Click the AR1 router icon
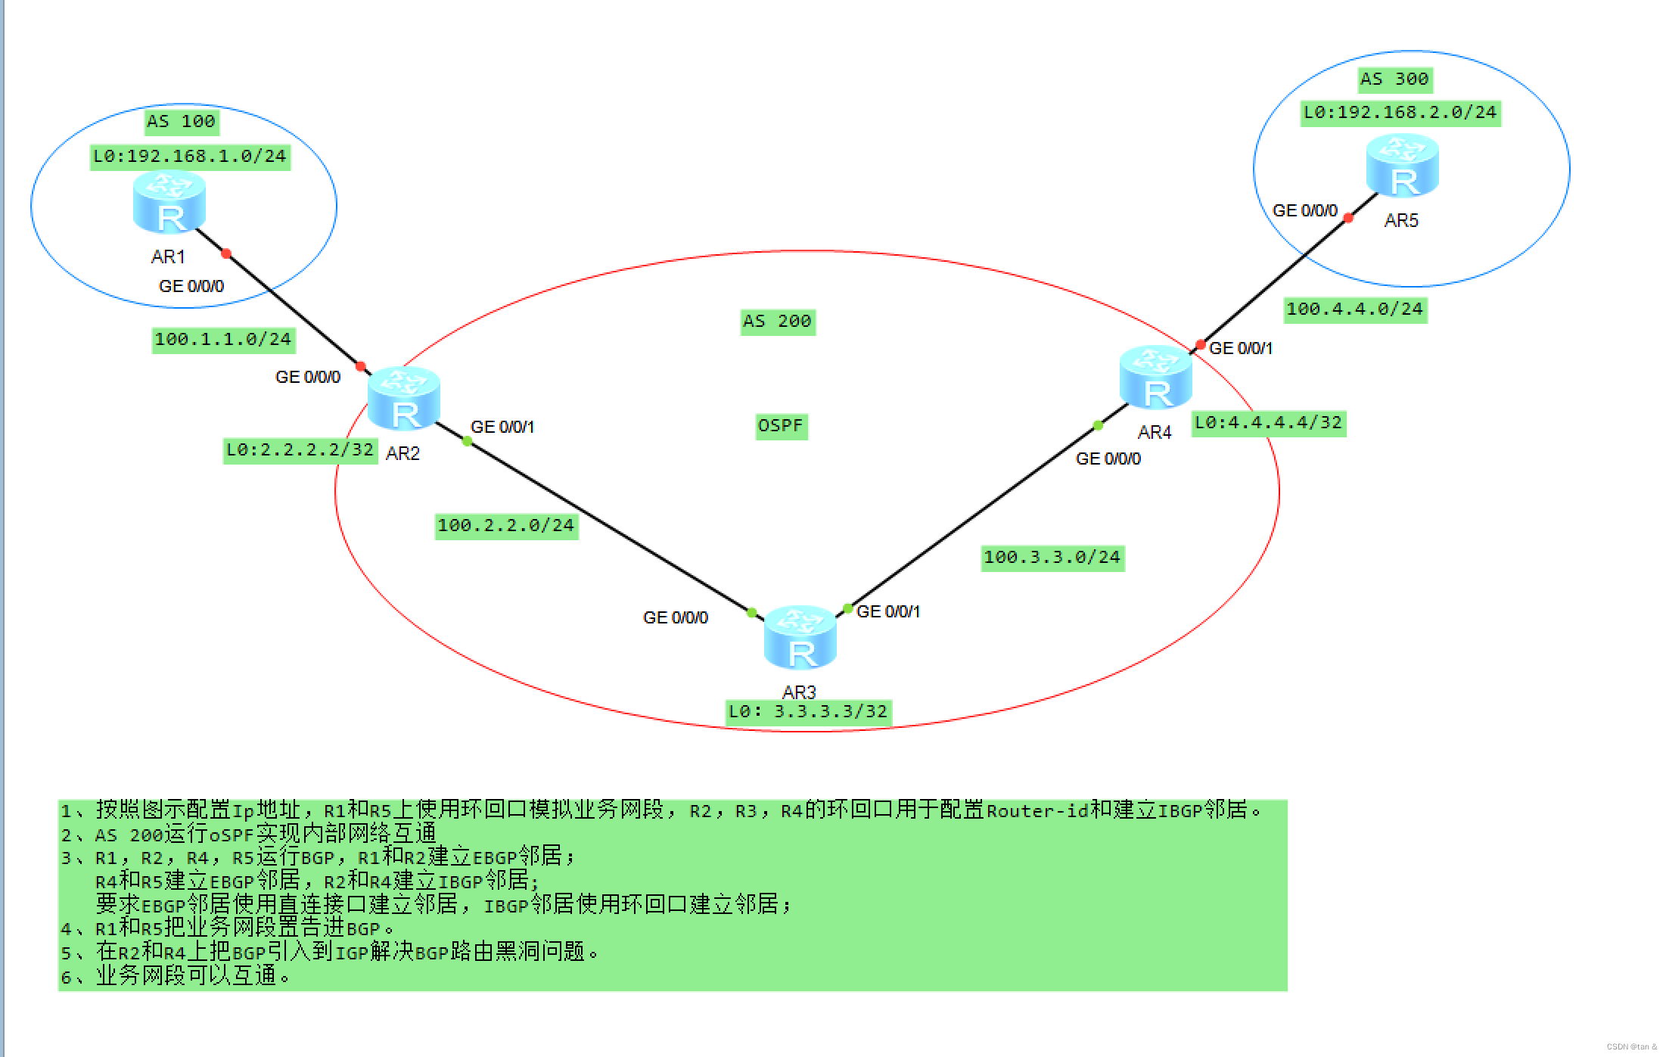(x=169, y=202)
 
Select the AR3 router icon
(x=800, y=637)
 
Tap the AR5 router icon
(x=1402, y=166)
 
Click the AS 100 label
(x=181, y=121)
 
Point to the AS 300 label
(x=1394, y=79)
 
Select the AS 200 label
(x=777, y=322)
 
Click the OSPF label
(x=780, y=425)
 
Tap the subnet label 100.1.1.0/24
(x=222, y=339)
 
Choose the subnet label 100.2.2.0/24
(x=506, y=525)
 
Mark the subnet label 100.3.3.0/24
(x=1052, y=557)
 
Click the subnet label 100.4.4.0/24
(x=1355, y=309)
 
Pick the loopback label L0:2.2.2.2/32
(x=300, y=449)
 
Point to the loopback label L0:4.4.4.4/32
(x=1268, y=422)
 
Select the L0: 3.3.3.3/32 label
(x=807, y=711)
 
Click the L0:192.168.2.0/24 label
(x=1400, y=113)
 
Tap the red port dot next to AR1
(x=225, y=254)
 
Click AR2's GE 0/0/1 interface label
(x=502, y=427)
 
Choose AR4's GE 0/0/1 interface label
(x=1241, y=348)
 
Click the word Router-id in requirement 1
(x=1037, y=811)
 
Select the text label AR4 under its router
(x=1154, y=433)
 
